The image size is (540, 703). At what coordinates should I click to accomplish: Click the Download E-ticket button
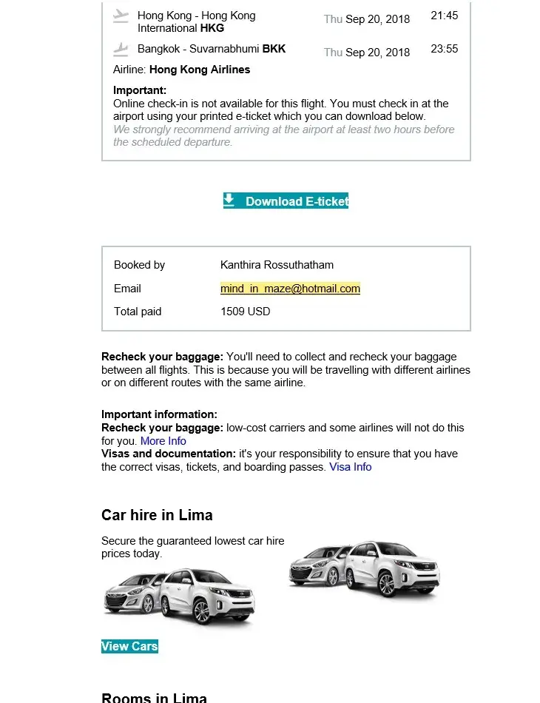click(x=286, y=201)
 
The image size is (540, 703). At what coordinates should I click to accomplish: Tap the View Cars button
click(x=129, y=646)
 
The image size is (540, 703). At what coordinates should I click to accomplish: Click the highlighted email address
click(x=290, y=289)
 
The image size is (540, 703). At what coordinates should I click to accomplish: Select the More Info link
click(x=163, y=441)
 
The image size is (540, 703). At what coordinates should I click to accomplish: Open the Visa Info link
click(x=351, y=467)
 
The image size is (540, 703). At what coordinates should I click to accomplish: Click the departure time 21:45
click(x=444, y=16)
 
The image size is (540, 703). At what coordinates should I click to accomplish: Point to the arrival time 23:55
click(x=444, y=49)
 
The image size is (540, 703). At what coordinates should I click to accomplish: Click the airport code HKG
click(x=212, y=28)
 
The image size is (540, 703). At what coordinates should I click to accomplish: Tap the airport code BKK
click(x=274, y=49)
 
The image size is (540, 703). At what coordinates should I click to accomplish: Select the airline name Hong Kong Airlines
click(x=200, y=70)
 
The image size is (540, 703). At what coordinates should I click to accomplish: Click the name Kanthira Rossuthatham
click(x=277, y=265)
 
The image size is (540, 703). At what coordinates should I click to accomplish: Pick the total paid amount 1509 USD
click(x=246, y=312)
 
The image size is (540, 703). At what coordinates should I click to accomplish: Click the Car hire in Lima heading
click(x=157, y=515)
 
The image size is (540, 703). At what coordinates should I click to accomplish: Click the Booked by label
click(x=139, y=265)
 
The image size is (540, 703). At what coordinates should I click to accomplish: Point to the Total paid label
click(x=138, y=312)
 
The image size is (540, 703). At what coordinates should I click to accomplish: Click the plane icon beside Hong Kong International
click(x=121, y=16)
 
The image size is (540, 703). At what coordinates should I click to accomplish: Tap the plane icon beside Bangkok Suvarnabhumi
click(x=121, y=50)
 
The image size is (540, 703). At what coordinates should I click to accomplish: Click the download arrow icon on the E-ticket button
click(x=229, y=200)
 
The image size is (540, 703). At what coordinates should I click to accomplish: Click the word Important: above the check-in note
click(x=140, y=90)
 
